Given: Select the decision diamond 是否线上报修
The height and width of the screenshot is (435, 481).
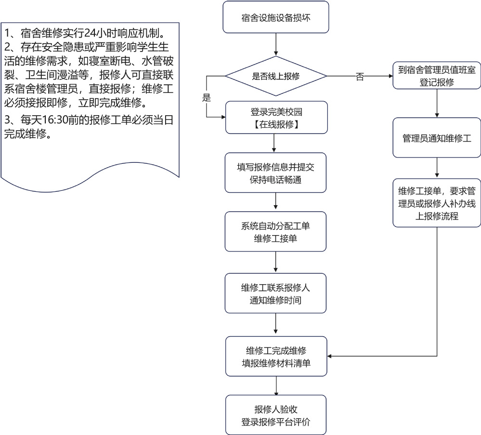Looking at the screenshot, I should [275, 76].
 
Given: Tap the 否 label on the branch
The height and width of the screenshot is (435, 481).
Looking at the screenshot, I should [360, 77].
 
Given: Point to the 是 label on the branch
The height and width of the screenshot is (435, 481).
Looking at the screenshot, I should [207, 98].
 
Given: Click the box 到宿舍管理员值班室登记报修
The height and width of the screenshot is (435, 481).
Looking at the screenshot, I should [436, 76].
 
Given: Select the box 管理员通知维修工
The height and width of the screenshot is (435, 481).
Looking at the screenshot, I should [436, 138].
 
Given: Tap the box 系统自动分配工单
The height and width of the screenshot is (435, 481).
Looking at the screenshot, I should [275, 233].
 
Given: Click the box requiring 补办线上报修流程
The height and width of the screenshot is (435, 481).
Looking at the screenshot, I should [436, 203].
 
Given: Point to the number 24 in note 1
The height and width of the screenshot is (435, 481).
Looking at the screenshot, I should [90, 33].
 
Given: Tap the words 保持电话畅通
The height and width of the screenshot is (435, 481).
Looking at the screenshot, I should [275, 179].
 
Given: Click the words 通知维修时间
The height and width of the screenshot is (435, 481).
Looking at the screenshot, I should [275, 300].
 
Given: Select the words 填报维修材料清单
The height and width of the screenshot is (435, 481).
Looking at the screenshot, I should [275, 363].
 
